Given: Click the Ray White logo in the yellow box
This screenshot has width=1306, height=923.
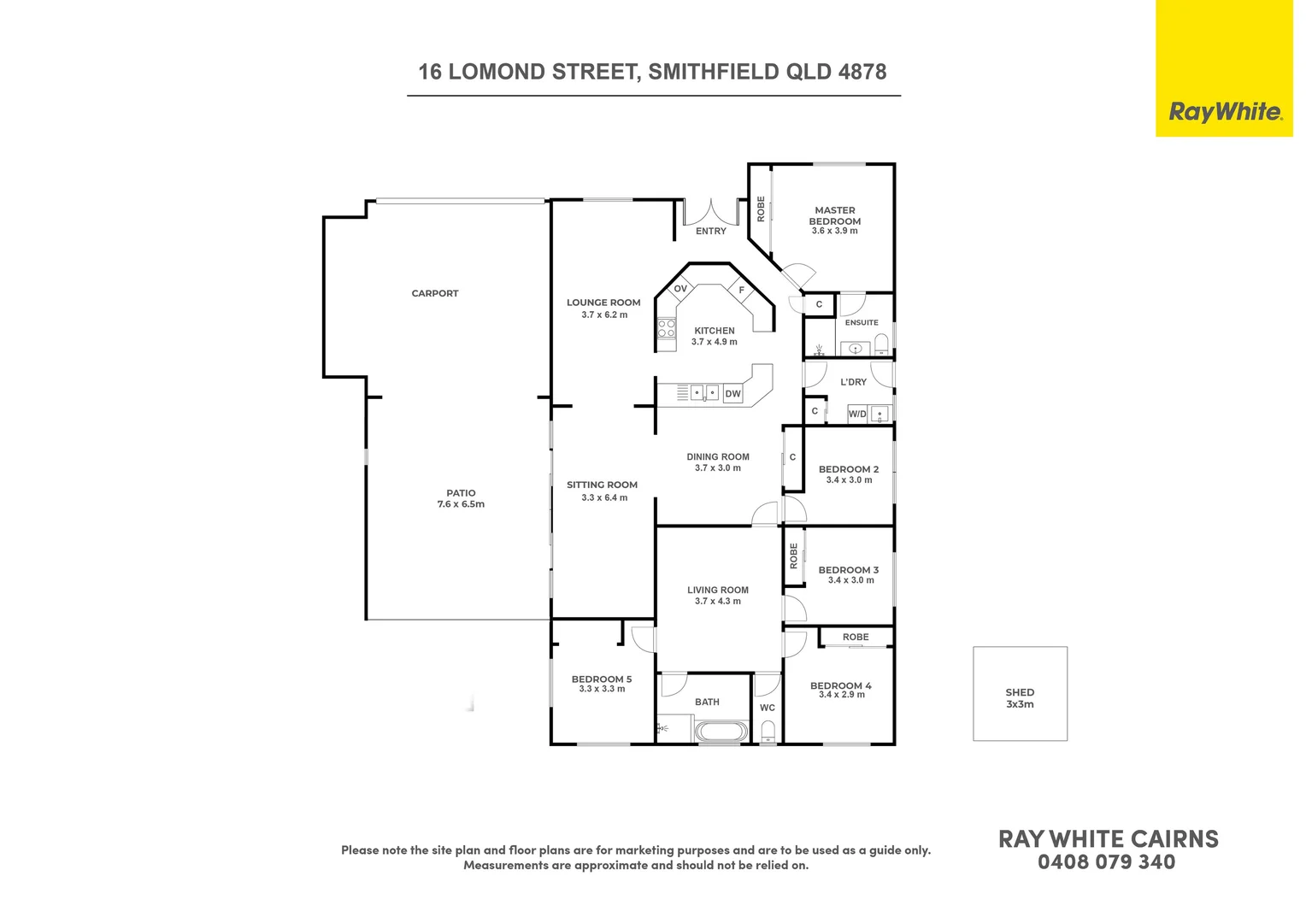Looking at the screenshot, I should (x=1225, y=112).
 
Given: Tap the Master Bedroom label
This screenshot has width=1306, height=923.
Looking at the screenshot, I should (x=834, y=215).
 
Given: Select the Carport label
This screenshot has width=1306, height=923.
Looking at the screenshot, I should (x=435, y=294).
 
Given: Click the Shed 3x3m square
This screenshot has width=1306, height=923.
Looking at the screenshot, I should (x=1020, y=693).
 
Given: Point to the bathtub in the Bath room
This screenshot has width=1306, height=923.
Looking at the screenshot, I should (x=721, y=732).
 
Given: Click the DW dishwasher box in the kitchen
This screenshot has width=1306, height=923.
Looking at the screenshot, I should (x=732, y=394).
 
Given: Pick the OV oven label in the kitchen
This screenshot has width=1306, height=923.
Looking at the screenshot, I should (x=680, y=289).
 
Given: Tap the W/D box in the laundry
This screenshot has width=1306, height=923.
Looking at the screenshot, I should (x=857, y=414).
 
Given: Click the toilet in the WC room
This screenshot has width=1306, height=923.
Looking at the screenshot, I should (x=768, y=731).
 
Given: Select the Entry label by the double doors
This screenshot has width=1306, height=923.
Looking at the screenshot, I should (x=711, y=232).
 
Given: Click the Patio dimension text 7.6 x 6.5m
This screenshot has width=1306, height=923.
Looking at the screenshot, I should (x=461, y=505).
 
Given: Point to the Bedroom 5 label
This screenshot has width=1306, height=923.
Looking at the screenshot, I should (x=602, y=679).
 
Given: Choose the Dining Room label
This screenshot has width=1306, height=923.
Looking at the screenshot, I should (x=718, y=457).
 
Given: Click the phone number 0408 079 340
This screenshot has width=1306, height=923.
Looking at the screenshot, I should (x=1107, y=862).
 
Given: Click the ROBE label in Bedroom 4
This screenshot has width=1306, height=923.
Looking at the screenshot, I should (x=856, y=638).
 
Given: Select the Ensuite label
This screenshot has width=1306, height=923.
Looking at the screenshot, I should (x=862, y=323).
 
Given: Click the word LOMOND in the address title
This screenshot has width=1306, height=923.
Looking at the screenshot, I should (x=497, y=73).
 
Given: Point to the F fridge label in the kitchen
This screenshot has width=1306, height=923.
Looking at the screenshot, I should (x=742, y=291).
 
